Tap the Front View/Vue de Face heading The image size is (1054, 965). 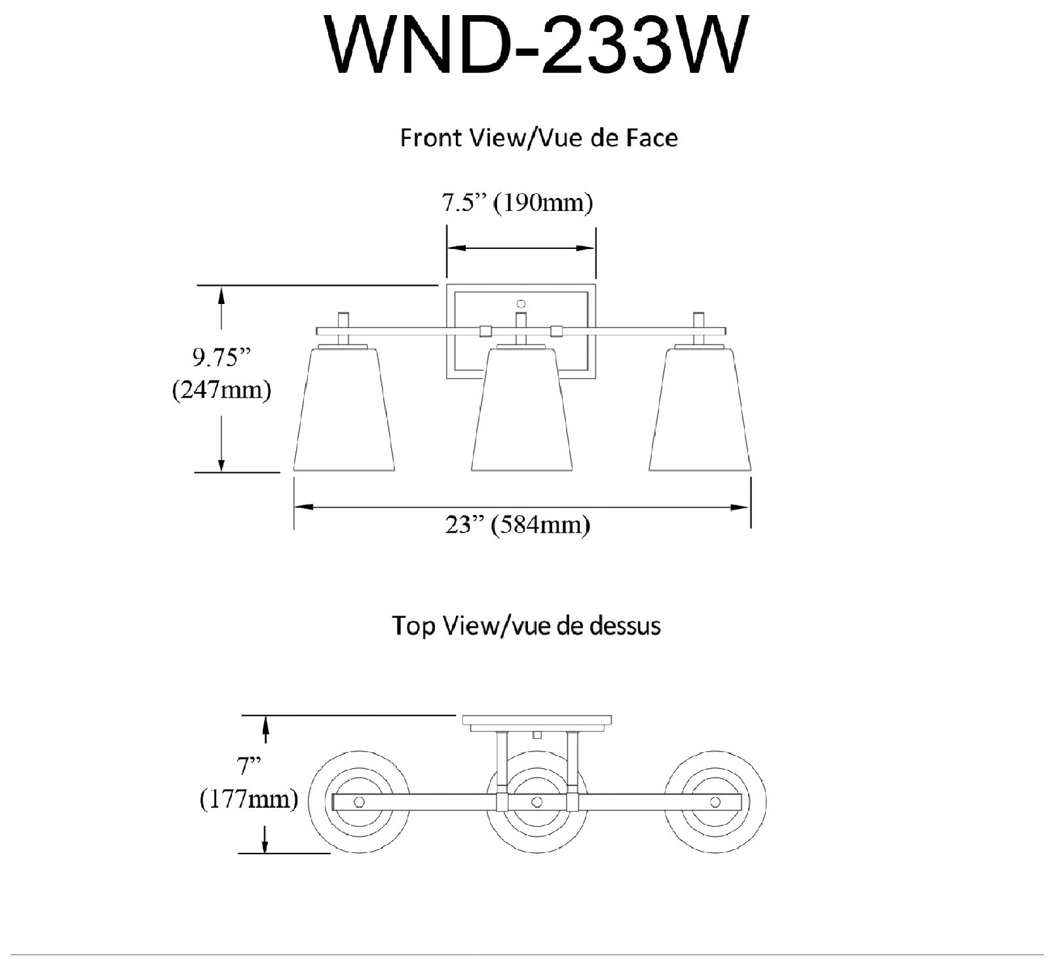pos(538,138)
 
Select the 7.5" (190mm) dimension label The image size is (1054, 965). pos(517,203)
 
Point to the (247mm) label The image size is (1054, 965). pos(221,390)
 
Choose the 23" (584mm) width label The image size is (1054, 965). pos(518,525)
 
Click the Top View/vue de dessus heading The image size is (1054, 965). pos(526,626)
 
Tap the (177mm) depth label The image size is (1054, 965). pos(248,799)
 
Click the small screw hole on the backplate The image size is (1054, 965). pos(521,303)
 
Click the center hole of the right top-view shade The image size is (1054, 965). pos(715,802)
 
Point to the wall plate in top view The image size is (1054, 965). pos(537,720)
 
